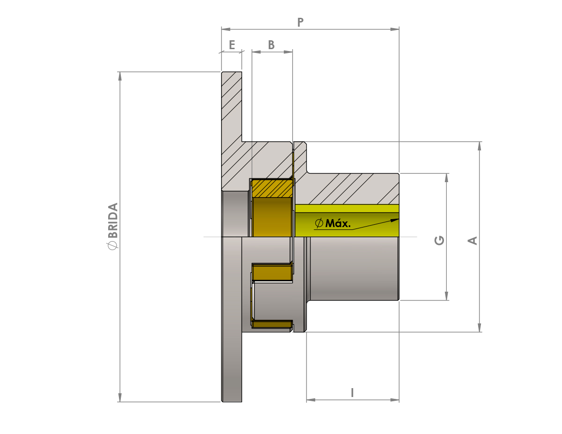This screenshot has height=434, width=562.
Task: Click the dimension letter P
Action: (x=300, y=22)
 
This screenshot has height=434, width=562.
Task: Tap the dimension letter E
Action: (x=232, y=45)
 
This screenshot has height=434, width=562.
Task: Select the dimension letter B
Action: (x=271, y=45)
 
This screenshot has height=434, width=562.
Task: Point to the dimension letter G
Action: (x=439, y=240)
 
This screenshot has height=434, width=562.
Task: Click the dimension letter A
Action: (x=472, y=241)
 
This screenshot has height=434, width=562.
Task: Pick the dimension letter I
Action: (x=352, y=393)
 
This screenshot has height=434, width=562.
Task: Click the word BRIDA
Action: (x=113, y=221)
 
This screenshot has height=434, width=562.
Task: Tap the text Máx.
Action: (x=338, y=223)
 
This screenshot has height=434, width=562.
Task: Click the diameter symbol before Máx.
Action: (x=319, y=223)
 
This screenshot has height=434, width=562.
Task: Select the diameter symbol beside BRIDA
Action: (x=112, y=246)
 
